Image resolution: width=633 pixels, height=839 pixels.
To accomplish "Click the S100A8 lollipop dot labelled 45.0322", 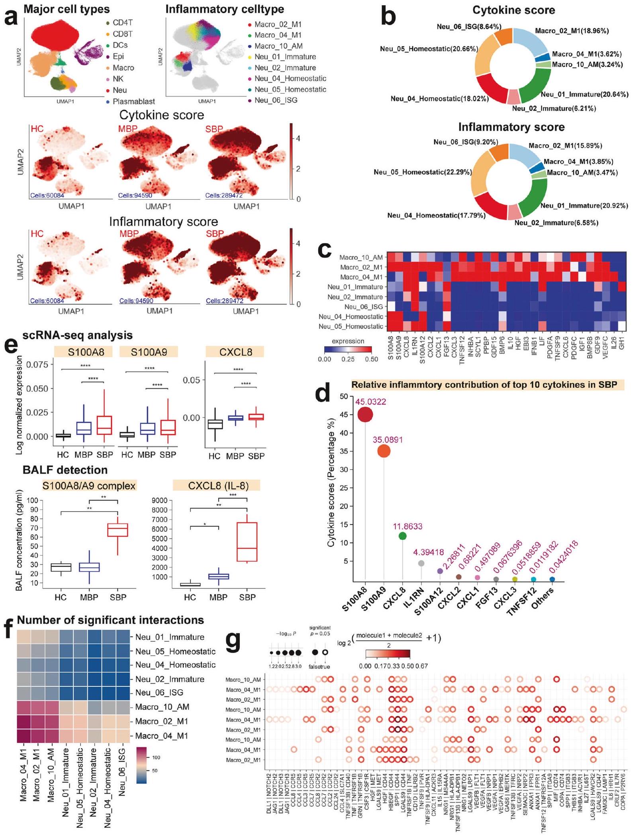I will point(365,415).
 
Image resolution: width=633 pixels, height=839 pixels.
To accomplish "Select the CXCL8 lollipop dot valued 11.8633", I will point(402,536).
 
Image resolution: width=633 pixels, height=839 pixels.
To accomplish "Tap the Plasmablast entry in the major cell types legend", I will point(133,102).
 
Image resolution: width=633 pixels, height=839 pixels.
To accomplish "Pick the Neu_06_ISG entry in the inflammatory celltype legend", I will point(276,100).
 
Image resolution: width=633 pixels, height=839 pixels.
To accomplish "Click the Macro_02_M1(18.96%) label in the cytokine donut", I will point(572,31).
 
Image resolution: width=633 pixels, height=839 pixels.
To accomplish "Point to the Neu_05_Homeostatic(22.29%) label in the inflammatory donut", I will point(423,172).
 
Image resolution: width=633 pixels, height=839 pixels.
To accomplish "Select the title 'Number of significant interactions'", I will point(110,620).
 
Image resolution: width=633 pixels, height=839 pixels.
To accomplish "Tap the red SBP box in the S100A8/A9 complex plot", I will point(118,530).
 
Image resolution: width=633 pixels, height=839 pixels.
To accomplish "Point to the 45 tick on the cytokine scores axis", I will point(344,415).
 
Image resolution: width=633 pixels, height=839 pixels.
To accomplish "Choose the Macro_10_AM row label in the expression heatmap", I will point(361,257).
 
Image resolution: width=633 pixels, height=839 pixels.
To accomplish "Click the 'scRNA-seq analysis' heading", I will point(78,335).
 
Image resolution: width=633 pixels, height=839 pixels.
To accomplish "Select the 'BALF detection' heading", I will point(65,470).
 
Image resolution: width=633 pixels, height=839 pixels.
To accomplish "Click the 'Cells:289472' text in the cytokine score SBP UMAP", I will point(224,195).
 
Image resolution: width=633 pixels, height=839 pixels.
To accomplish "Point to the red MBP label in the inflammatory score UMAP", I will point(129,234).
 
